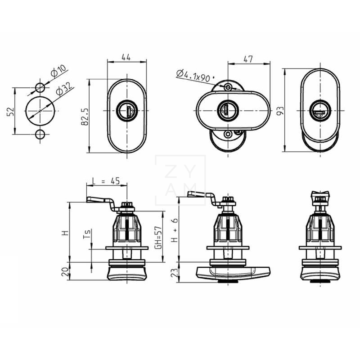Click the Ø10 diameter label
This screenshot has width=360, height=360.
click(59, 71)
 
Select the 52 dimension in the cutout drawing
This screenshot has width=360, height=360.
click(10, 111)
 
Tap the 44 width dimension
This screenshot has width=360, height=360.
click(126, 58)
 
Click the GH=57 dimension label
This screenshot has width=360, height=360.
click(158, 236)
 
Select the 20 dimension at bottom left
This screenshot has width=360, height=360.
click(64, 271)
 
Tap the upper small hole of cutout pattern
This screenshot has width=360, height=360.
click(40, 87)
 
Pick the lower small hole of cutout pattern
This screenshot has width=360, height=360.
click(40, 134)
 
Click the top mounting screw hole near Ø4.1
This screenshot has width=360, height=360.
click(228, 86)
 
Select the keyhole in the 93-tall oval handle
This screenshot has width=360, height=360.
click(320, 110)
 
